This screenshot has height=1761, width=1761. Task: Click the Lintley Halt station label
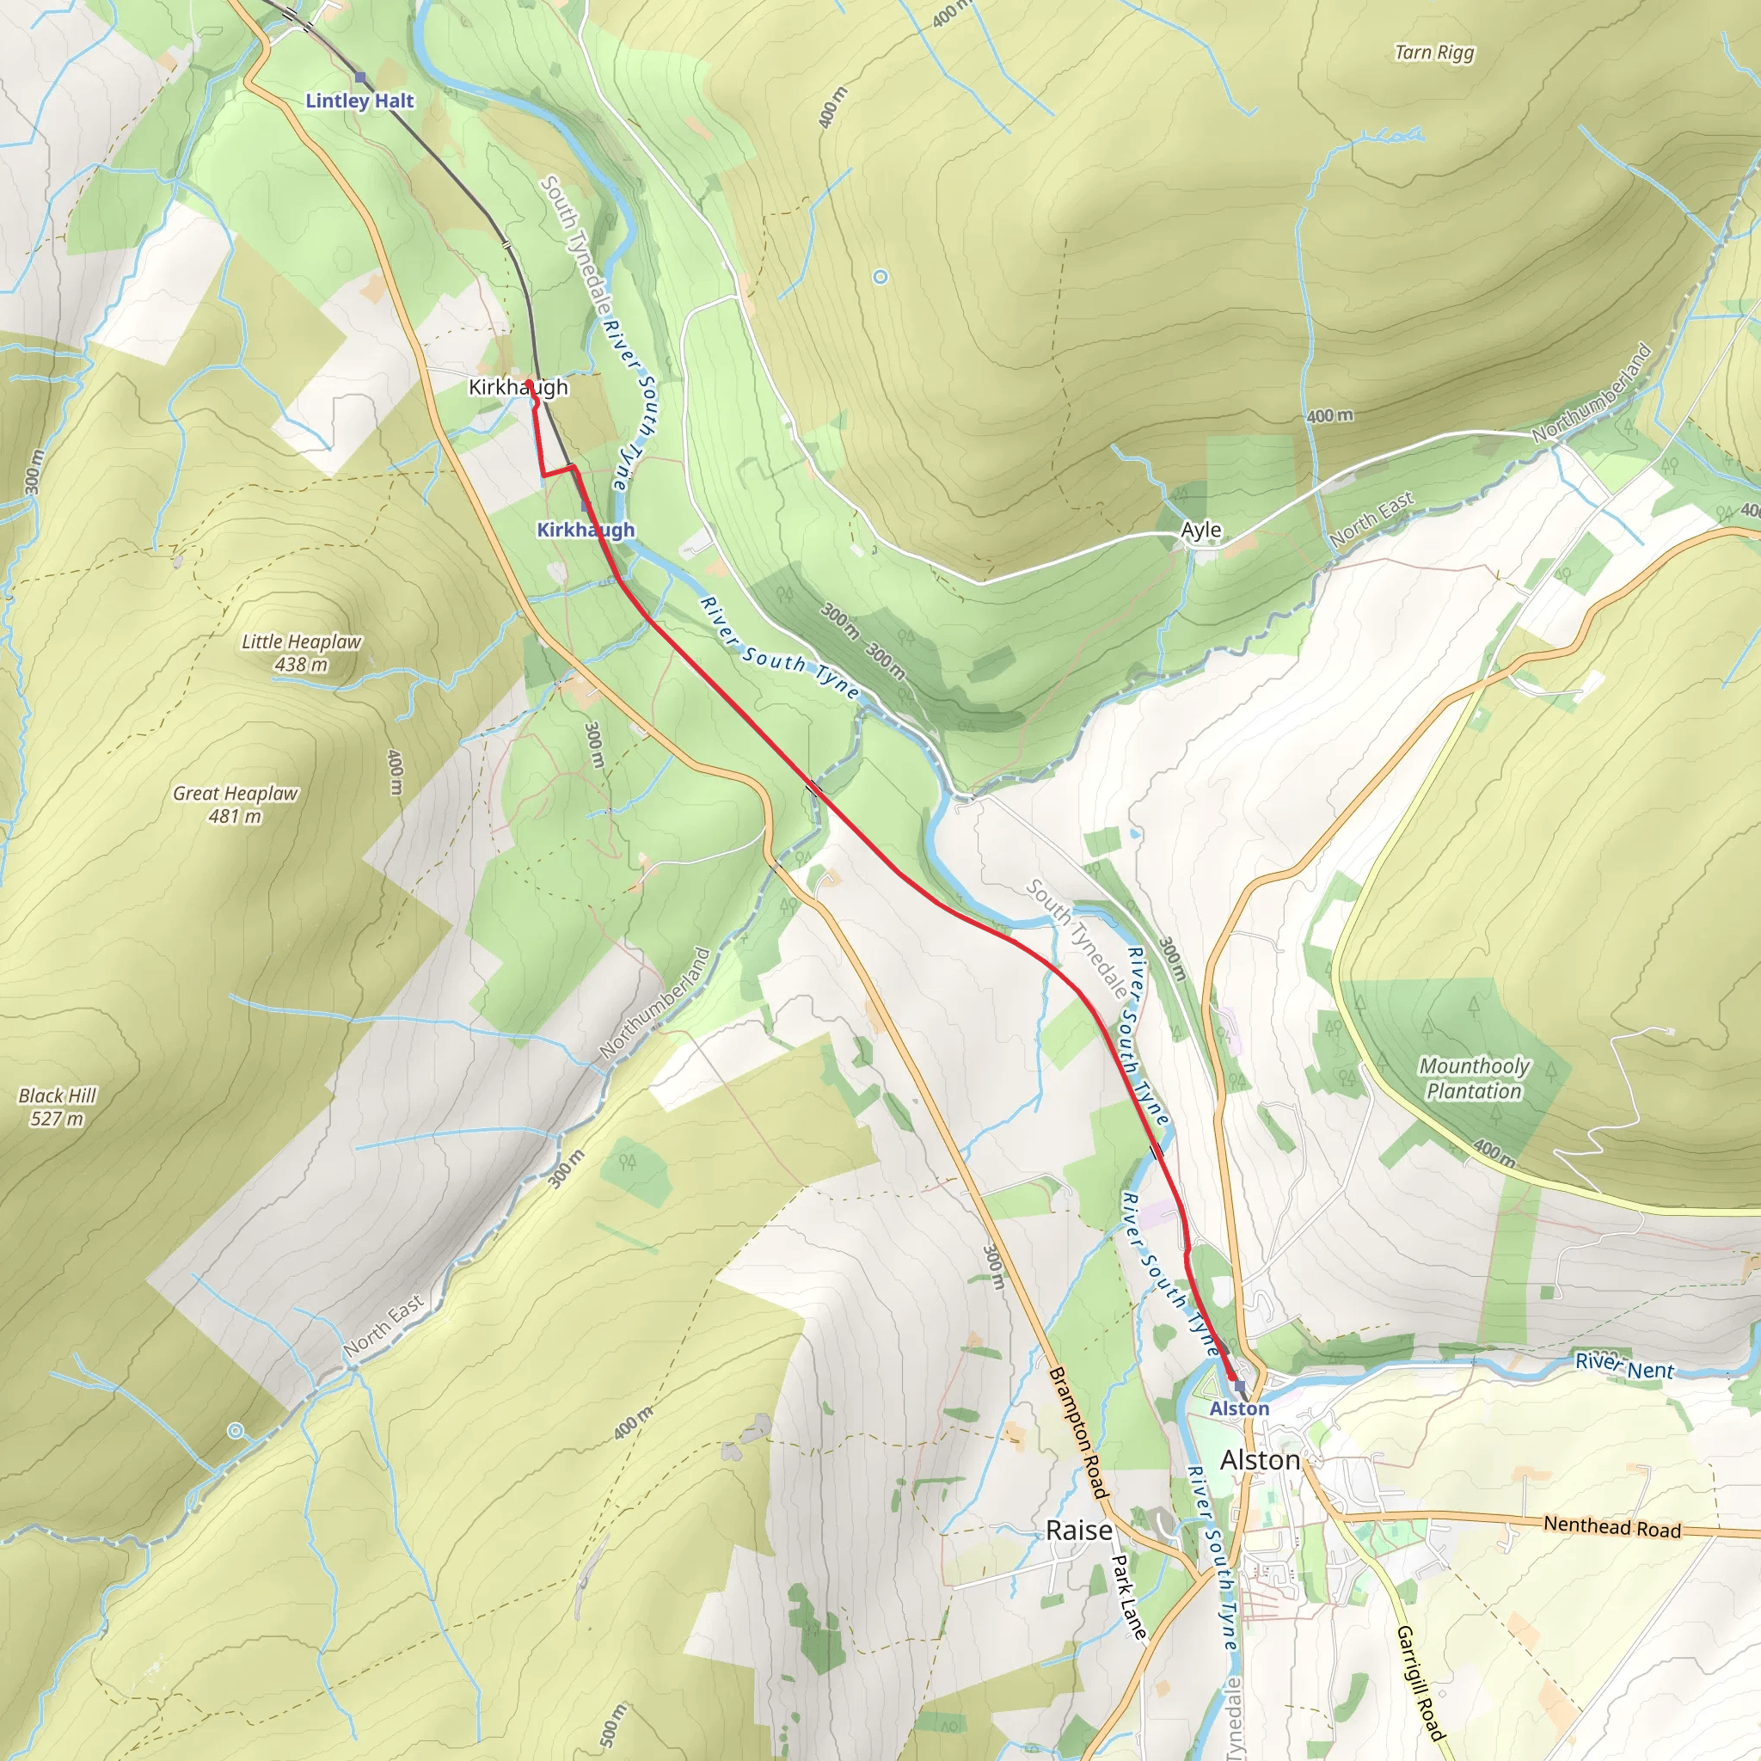pyautogui.click(x=359, y=101)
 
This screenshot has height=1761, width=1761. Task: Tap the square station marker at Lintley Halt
pyautogui.click(x=361, y=77)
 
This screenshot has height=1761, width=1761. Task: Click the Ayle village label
pyautogui.click(x=1200, y=530)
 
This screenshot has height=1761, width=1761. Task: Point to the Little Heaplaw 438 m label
pyautogui.click(x=301, y=653)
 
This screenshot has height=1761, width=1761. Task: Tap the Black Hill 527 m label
pyautogui.click(x=57, y=1107)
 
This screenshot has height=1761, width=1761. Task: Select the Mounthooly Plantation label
pyautogui.click(x=1474, y=1078)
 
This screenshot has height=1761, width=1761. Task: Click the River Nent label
pyautogui.click(x=1624, y=1365)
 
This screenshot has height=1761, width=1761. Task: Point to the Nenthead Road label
pyautogui.click(x=1611, y=1527)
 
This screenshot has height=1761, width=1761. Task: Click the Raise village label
pyautogui.click(x=1078, y=1531)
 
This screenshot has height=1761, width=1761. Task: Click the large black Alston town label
pyautogui.click(x=1260, y=1460)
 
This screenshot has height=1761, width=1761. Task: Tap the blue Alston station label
pyautogui.click(x=1239, y=1408)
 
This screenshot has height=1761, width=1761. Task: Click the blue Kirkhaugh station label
pyautogui.click(x=586, y=530)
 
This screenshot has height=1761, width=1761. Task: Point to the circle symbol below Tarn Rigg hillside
pyautogui.click(x=880, y=277)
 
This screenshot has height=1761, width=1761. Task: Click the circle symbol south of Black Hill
pyautogui.click(x=235, y=1431)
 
